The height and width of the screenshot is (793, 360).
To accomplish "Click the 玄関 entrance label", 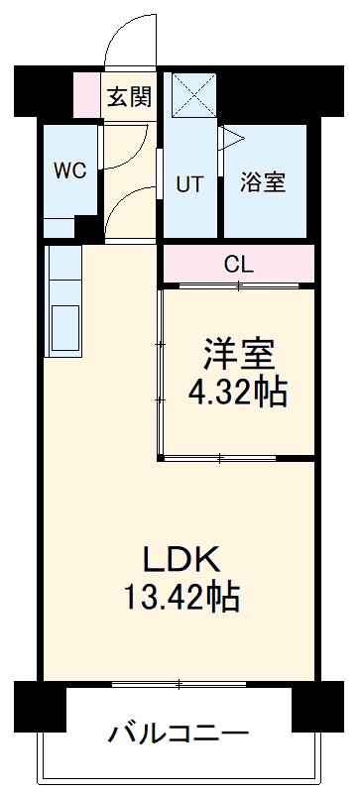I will click(129, 96).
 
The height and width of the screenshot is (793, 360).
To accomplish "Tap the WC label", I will click(69, 170).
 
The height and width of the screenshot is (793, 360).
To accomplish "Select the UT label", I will click(190, 183).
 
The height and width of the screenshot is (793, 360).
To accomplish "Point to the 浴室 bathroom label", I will click(263, 183).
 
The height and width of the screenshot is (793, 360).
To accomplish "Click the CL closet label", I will click(238, 265).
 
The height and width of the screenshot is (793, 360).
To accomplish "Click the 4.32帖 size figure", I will click(238, 394).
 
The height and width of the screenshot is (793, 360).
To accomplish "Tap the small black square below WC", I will click(87, 227).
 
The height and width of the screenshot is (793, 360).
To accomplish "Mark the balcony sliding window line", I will click(179, 683).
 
